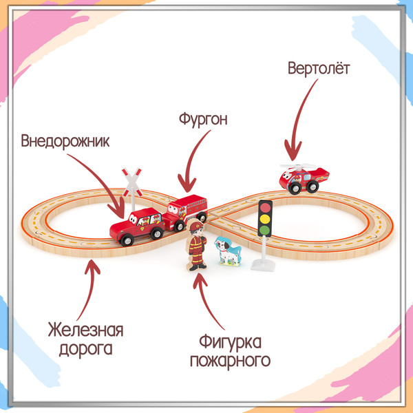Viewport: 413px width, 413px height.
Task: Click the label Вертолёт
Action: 319,68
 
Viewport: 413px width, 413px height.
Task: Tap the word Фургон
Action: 203,119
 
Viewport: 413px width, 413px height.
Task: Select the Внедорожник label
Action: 65,141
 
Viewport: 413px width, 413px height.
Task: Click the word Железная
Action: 85,330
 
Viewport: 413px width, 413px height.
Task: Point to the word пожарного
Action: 230,361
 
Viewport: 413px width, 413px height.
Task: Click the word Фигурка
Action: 230,342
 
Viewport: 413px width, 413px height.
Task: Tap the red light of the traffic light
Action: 266,208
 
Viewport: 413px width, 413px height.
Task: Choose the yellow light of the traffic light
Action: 265,219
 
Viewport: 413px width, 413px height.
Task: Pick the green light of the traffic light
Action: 264,231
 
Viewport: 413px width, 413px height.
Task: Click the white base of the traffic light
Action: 263,265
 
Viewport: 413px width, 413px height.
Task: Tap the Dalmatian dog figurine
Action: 228,251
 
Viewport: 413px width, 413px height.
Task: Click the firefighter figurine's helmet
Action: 196,226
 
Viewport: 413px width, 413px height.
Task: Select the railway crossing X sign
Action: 132,182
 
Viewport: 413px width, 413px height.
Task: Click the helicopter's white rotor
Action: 297,167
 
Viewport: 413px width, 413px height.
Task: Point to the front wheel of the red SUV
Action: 127,240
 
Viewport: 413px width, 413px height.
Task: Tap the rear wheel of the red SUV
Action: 157,233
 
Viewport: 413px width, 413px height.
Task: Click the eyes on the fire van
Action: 173,209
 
